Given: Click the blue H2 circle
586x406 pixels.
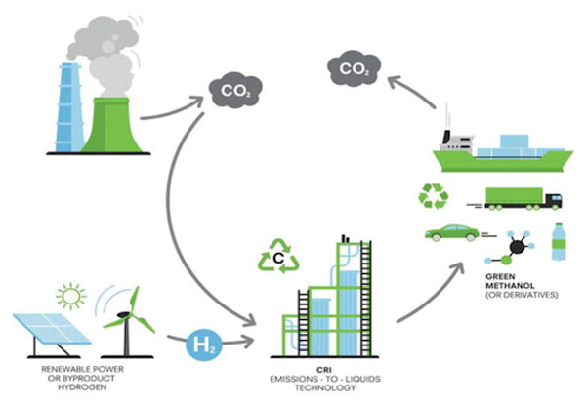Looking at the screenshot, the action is coord(204,345).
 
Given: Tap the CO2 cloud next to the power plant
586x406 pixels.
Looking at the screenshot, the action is coord(235,90).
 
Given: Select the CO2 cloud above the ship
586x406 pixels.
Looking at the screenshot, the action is coord(354,69).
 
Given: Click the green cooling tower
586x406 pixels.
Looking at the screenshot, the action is coord(111,126).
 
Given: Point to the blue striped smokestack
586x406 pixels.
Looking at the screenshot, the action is coord(70,107).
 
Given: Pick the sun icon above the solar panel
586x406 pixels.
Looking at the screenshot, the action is coord(71,296).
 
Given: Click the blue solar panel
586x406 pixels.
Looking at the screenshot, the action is coord(53,328).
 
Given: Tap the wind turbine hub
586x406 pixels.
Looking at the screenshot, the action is coord(123,316).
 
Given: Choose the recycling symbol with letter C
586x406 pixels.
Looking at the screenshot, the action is coord(278,257).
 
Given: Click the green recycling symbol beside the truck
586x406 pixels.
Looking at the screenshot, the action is coord(434,196).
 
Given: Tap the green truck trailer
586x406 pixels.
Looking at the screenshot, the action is coord(514,196).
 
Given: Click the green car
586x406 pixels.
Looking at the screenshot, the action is coord(452,232).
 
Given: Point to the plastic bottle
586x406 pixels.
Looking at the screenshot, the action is coord(559,241).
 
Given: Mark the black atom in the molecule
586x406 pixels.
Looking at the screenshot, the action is coord(518,247).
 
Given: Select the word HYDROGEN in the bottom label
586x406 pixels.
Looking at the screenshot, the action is coord(82,387).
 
